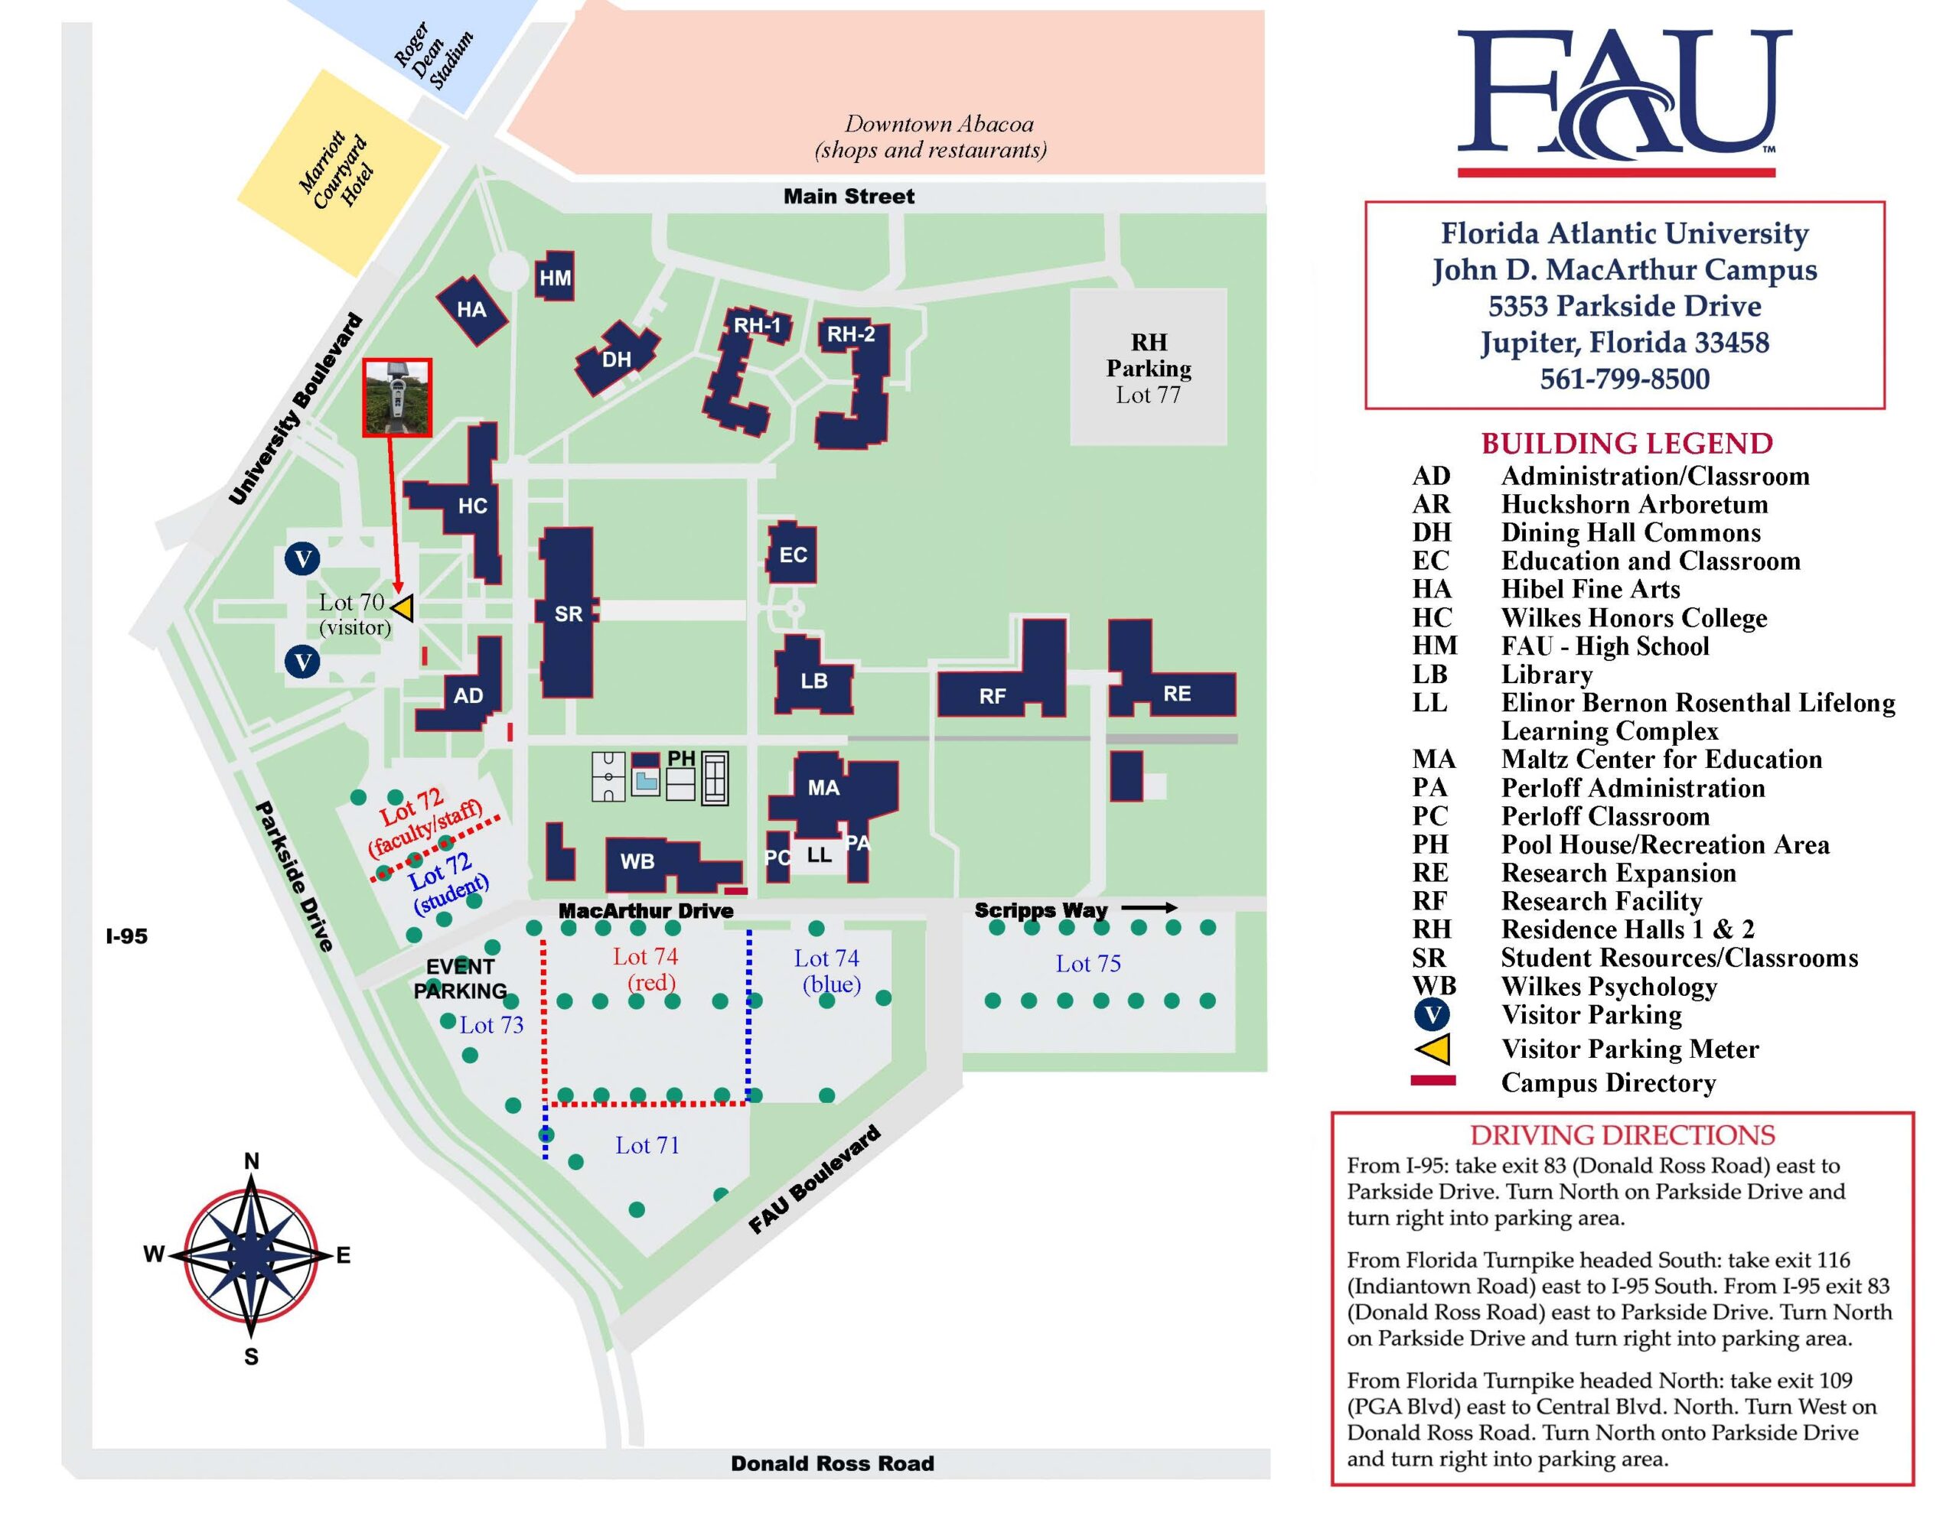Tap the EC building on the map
tap(792, 555)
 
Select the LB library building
tap(813, 679)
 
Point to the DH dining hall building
tap(616, 359)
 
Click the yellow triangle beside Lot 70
tap(403, 609)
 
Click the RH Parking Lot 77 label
tap(1148, 369)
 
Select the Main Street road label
tap(849, 197)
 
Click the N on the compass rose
tap(252, 1160)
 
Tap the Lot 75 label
tap(1087, 963)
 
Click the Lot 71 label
tap(647, 1144)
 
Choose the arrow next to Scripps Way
tap(1149, 908)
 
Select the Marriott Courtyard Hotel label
tap(337, 171)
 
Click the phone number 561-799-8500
tap(1624, 379)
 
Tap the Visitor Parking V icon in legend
tap(1433, 1014)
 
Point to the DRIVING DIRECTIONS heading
tap(1622, 1134)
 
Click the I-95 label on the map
tap(126, 935)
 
